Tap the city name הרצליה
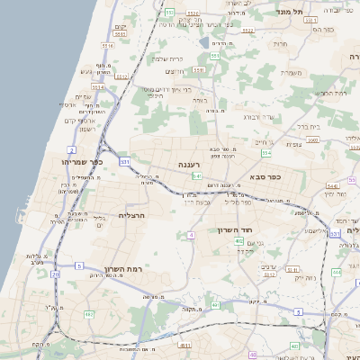pos(131,216)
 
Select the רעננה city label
pos(194,165)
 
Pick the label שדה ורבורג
pos(256,117)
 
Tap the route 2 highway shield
pos(71,149)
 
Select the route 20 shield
pos(55,274)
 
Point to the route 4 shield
pos(191,236)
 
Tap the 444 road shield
pos(336,271)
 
